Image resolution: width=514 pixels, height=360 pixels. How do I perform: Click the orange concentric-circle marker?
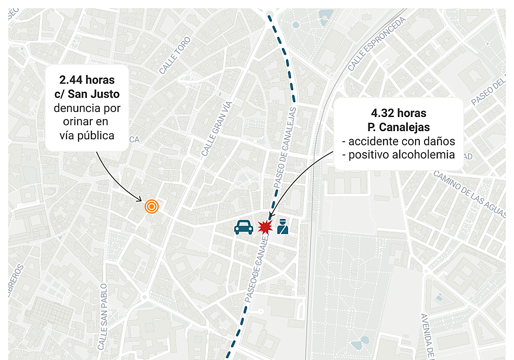click(x=152, y=207)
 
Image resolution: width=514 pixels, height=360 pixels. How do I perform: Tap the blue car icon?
click(x=243, y=227)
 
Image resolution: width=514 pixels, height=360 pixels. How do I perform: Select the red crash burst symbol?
click(x=265, y=227)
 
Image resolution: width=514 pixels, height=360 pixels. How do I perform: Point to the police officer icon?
click(x=282, y=227)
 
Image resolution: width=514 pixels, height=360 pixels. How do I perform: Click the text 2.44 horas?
click(x=87, y=80)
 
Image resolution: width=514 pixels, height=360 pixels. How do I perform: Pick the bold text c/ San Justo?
click(x=87, y=94)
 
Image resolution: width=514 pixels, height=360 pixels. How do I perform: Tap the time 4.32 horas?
click(x=398, y=113)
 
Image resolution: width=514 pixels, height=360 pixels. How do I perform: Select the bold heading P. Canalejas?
click(x=398, y=127)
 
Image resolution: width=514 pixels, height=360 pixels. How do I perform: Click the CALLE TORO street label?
click(x=174, y=55)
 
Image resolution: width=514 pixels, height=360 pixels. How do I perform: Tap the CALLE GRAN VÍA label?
click(x=217, y=129)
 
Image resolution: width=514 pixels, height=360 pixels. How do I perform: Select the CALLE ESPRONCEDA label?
click(x=376, y=44)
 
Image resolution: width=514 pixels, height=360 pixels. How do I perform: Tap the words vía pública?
click(x=87, y=135)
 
